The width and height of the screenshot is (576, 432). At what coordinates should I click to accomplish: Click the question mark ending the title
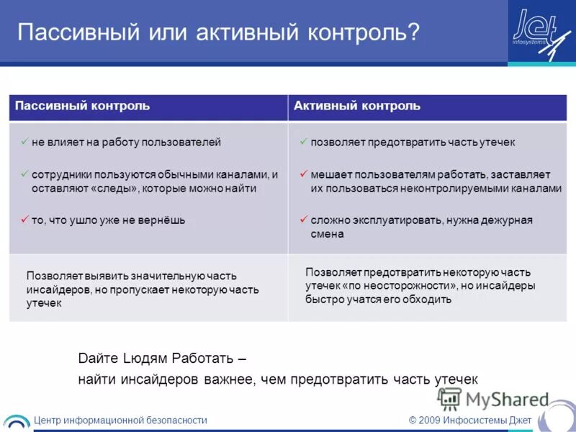click(x=413, y=33)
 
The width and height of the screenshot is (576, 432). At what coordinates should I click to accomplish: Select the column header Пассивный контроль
click(x=83, y=106)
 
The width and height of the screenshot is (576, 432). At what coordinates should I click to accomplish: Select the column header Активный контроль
click(x=356, y=106)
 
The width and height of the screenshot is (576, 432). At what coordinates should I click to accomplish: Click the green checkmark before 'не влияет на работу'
click(x=25, y=142)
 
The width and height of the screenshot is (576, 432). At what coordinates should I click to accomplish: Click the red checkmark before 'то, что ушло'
click(x=25, y=220)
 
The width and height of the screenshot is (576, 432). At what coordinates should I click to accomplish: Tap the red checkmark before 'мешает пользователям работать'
click(x=305, y=174)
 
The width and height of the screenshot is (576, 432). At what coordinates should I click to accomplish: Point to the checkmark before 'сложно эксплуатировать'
click(x=305, y=220)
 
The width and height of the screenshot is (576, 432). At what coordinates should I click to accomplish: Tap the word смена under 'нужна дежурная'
click(x=327, y=234)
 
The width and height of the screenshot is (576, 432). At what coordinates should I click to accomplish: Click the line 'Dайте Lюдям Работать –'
click(x=161, y=358)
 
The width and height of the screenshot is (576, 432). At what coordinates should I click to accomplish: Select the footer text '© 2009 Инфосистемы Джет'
click(x=469, y=420)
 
